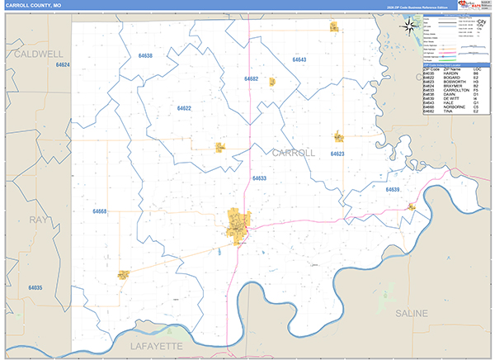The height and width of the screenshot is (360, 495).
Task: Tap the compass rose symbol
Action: (x=408, y=27)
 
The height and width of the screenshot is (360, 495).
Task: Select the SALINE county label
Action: (x=410, y=313)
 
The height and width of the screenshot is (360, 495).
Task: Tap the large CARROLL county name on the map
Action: (x=293, y=153)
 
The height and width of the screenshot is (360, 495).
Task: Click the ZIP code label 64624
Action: (x=64, y=64)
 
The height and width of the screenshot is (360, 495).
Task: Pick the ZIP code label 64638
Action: (x=146, y=56)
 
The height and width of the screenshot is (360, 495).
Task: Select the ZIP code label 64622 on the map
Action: (x=184, y=108)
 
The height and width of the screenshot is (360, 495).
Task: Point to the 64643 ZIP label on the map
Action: (x=299, y=60)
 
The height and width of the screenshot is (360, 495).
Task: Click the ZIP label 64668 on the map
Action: (x=100, y=211)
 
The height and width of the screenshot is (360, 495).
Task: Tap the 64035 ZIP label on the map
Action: (x=35, y=287)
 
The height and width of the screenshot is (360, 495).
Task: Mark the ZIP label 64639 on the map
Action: (x=392, y=190)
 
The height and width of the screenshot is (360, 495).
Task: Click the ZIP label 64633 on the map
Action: (x=259, y=178)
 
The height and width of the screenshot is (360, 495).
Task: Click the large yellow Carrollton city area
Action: (x=239, y=224)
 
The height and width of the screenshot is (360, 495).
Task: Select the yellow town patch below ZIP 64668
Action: (x=124, y=275)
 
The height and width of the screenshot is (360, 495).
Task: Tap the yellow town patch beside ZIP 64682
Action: (x=271, y=81)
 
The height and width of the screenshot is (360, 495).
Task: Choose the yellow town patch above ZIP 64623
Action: (x=338, y=136)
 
